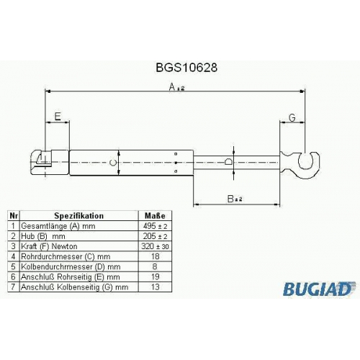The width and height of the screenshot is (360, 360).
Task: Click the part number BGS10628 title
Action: click(186, 68)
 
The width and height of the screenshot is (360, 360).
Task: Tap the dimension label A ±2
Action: click(176, 87)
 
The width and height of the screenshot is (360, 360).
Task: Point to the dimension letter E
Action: click(58, 117)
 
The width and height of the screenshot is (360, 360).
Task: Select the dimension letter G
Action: click(292, 117)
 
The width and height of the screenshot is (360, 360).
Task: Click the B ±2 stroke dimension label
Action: click(235, 199)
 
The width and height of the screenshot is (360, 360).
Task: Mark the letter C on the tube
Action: click(113, 163)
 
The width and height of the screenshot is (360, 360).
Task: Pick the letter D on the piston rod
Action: click(229, 161)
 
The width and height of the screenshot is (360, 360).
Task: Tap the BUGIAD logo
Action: click(318, 289)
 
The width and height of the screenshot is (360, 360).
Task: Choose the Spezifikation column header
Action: click(78, 216)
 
